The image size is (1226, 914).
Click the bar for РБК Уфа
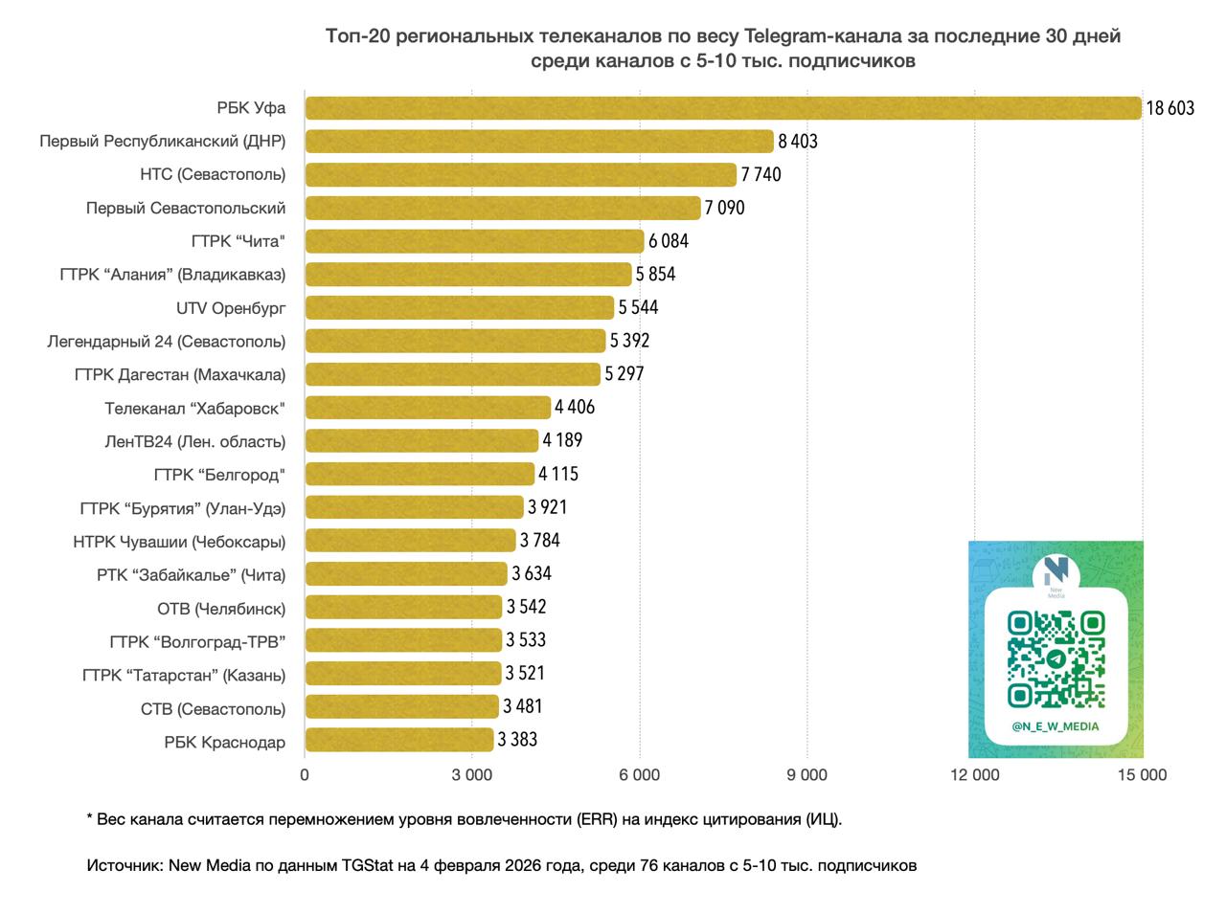pos(723,108)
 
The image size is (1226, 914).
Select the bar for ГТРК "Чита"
pos(475,241)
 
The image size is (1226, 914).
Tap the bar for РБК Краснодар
pos(399,740)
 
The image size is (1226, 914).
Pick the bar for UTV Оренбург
pos(460,307)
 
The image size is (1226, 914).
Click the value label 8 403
pos(798,142)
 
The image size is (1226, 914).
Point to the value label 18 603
pos(1170,108)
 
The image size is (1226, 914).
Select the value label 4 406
pos(575,407)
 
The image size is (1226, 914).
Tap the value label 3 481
pos(523,706)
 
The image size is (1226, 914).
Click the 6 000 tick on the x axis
pos(640,775)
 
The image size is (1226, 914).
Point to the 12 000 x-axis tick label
pos(974,775)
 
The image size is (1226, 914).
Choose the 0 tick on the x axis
pos(305,775)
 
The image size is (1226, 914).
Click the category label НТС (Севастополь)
pos(213,174)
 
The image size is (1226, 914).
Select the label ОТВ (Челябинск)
pos(221,609)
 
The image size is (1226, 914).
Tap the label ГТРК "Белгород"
pos(219,475)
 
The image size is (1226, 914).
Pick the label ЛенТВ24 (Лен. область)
pos(194,441)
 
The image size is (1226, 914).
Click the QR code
pos(1056,658)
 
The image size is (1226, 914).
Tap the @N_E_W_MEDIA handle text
pos(1056,726)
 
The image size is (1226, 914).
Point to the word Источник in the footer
pos(123,865)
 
